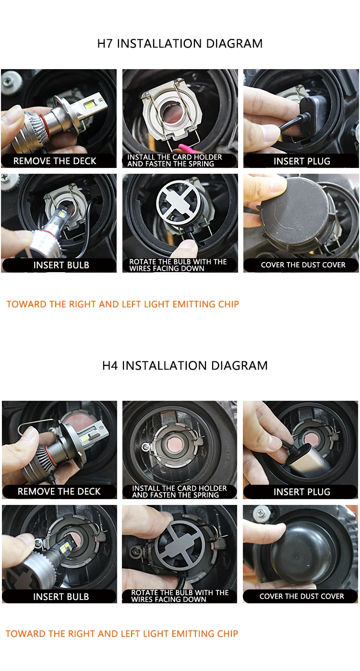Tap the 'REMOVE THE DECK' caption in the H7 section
tap(55, 161)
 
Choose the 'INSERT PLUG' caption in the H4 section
tap(302, 492)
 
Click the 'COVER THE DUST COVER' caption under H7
tap(303, 265)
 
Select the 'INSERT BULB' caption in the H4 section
tap(61, 597)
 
